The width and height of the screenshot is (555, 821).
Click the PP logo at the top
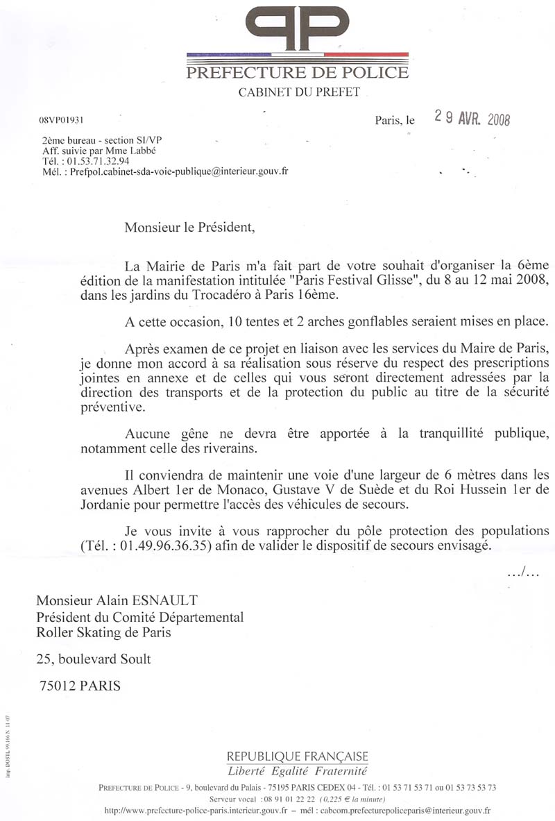298,28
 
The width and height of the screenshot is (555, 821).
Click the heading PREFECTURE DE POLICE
298,72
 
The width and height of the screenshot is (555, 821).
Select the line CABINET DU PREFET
299,92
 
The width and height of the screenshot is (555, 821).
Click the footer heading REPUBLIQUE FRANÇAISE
298,756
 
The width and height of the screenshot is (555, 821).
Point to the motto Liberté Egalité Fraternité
298,771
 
